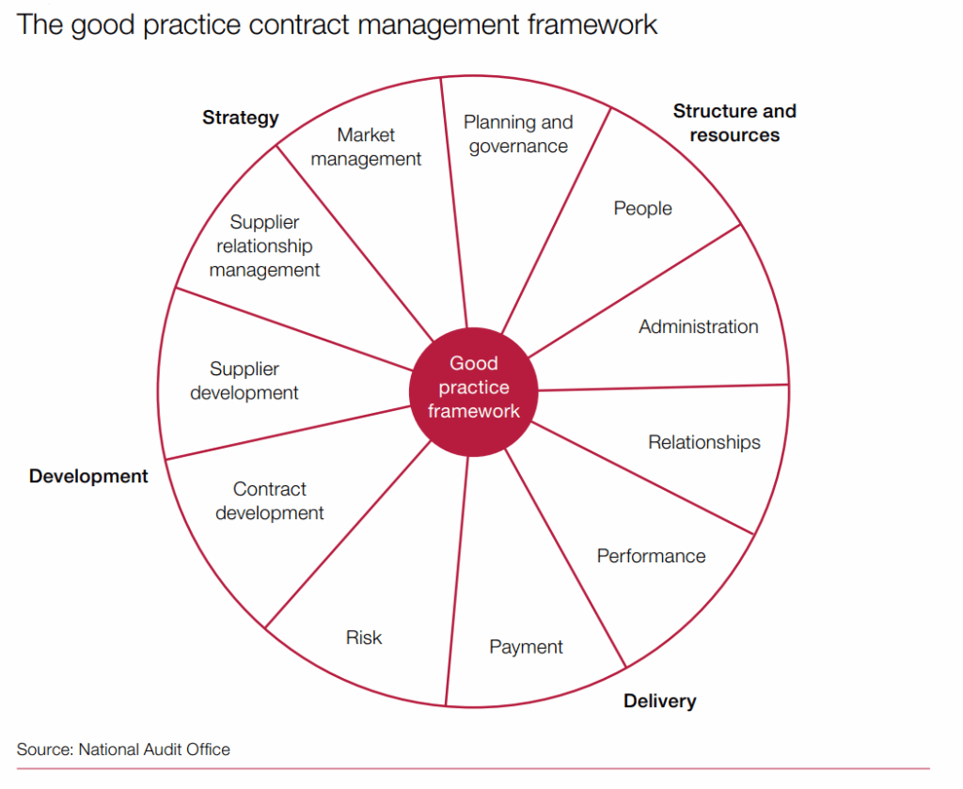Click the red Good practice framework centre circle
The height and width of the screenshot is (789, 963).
(x=473, y=387)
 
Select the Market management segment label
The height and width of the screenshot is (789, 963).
(x=366, y=148)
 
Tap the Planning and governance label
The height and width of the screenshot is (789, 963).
(x=518, y=134)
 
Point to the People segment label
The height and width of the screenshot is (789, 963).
(x=643, y=208)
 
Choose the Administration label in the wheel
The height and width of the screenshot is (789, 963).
(x=698, y=326)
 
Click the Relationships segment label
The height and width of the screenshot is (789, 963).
(x=703, y=442)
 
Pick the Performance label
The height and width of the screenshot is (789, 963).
(x=651, y=556)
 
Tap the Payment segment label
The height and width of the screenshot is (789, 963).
(x=526, y=647)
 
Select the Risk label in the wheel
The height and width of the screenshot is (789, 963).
(x=364, y=638)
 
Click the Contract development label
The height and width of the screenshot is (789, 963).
(x=270, y=501)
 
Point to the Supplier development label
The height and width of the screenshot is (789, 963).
(x=245, y=381)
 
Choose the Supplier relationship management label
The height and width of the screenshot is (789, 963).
(x=264, y=246)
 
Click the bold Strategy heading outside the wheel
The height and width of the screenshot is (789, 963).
(x=241, y=118)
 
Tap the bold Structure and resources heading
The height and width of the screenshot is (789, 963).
(x=734, y=123)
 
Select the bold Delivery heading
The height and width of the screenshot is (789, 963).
(x=659, y=701)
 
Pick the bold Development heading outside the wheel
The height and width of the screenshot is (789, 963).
(x=88, y=476)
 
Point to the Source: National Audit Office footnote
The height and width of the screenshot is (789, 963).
(x=123, y=750)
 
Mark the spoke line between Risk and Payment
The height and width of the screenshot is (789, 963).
(x=457, y=583)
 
